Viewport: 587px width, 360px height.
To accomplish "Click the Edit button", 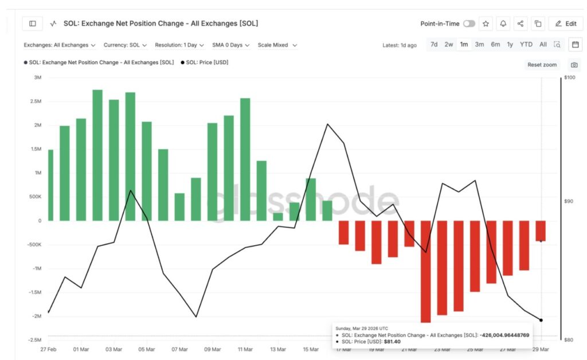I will pos(565,24).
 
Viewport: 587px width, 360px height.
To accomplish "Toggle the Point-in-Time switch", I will pos(469,24).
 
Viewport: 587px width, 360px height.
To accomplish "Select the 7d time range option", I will pos(434,44).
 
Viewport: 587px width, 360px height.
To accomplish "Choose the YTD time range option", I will pos(526,44).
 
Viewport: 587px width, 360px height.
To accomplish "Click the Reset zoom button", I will pos(542,65).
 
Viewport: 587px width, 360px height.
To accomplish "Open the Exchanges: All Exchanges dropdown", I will pos(60,45).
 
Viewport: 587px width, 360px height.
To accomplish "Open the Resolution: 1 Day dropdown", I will pos(179,45).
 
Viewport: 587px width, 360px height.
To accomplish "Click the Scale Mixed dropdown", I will pos(277,45).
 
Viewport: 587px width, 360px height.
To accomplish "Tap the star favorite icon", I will pos(486,24).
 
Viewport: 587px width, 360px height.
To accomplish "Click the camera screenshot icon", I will pos(574,65).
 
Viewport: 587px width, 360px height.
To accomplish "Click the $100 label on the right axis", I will pos(569,77).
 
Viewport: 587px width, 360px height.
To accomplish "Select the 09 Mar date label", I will pos(212,349).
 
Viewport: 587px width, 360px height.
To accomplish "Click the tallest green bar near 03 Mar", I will pos(97,155).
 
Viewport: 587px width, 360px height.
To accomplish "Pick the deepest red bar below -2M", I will pos(425,272).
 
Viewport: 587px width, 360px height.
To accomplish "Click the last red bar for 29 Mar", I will pos(541,230).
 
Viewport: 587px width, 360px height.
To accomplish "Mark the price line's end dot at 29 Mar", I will pos(541,320).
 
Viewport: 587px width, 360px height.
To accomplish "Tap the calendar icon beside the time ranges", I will pos(575,44).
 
